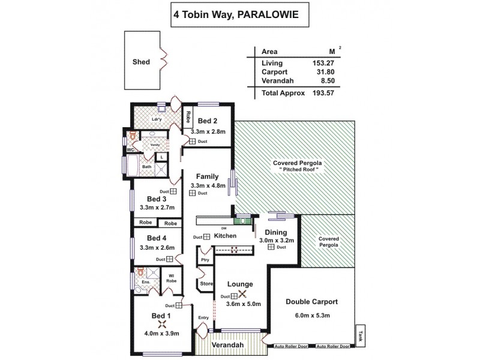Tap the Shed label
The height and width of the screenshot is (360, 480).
140,62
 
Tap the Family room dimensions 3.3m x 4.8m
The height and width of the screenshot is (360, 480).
208,185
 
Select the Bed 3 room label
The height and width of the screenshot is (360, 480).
157,199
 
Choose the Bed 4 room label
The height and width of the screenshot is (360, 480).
157,238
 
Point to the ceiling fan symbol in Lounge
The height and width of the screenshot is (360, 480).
242,295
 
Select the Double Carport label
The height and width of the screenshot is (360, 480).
311,302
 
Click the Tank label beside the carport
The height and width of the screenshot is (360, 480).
361,335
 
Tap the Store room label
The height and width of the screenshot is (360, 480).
206,283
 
